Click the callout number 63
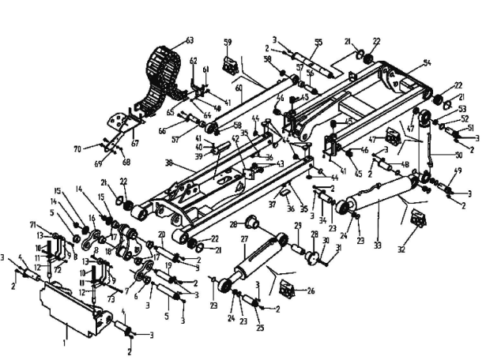[190, 39]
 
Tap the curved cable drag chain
[162, 75]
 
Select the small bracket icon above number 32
[417, 220]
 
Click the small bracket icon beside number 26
[287, 292]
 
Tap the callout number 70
[77, 148]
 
